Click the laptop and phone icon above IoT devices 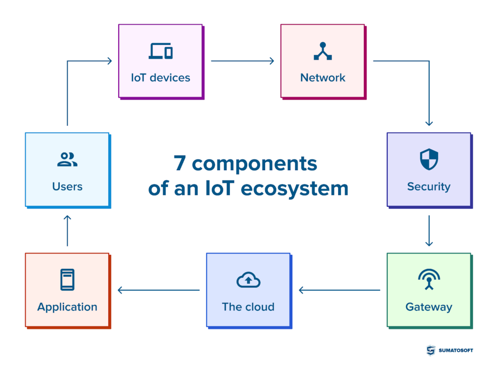[x=161, y=51]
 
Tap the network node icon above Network [x=323, y=51]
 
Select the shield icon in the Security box [x=429, y=159]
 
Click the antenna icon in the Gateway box [x=429, y=280]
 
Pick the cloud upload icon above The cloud [x=248, y=280]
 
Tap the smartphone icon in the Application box [x=67, y=280]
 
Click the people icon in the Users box [x=67, y=159]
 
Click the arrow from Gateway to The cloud [x=339, y=290]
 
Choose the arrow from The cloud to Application [x=158, y=290]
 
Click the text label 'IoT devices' [x=161, y=78]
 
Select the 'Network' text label [x=323, y=78]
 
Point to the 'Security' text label [x=429, y=187]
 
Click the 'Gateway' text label [x=429, y=307]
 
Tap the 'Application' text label [x=67, y=307]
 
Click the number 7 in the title [x=180, y=164]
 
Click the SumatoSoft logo [x=449, y=350]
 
